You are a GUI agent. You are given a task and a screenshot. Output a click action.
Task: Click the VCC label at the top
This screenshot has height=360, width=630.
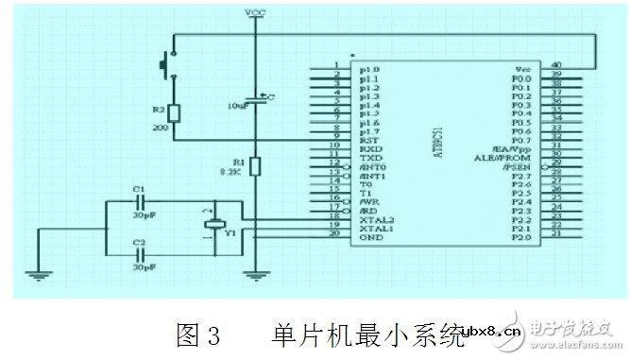pyautogui.click(x=254, y=12)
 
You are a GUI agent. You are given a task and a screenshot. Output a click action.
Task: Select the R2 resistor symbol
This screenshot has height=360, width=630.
pyautogui.click(x=173, y=112)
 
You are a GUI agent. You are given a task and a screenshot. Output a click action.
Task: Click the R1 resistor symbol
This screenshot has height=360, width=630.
pyautogui.click(x=254, y=166)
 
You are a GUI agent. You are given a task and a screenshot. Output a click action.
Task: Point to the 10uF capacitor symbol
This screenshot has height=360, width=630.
pyautogui.click(x=254, y=98)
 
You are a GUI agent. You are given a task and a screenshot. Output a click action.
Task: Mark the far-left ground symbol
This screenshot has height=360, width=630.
pyautogui.click(x=39, y=276)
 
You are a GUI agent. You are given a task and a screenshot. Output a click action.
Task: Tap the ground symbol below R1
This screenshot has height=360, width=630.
pyautogui.click(x=254, y=276)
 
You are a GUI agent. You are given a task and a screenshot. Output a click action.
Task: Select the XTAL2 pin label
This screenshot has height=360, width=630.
pyautogui.click(x=374, y=218)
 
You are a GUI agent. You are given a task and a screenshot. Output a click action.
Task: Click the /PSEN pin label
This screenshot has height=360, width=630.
pyautogui.click(x=521, y=166)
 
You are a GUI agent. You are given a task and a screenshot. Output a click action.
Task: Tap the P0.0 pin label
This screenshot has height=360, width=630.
pyautogui.click(x=522, y=77)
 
